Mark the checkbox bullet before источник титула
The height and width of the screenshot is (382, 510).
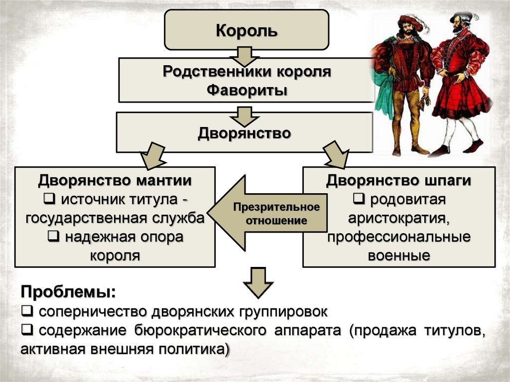pyautogui.click(x=49, y=199)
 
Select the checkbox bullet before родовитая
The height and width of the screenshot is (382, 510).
pyautogui.click(x=358, y=199)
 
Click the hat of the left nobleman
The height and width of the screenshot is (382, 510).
pyautogui.click(x=410, y=21)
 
